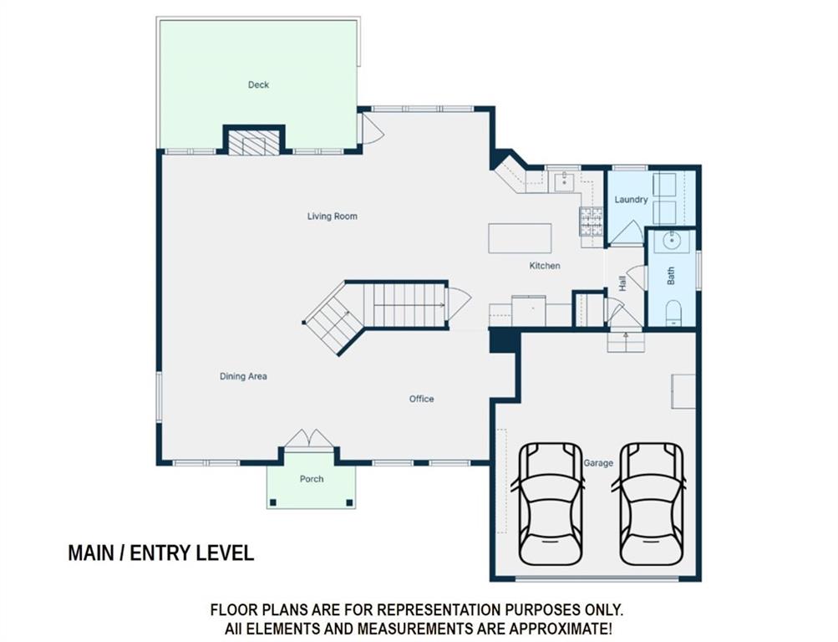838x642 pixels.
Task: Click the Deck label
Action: point(258,84)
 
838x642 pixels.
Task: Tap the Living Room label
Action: point(332,217)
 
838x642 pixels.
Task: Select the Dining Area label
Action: point(243,376)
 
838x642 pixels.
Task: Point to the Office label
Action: point(421,399)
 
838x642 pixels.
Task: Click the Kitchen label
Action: point(545,266)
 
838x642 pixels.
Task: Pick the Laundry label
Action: point(631,200)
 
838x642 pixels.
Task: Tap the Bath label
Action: point(671,276)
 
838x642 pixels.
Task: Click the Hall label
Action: point(622,283)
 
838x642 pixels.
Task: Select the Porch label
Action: point(311,479)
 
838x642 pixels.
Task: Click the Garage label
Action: point(598,463)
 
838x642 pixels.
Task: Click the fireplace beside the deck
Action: point(254,140)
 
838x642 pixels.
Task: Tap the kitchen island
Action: point(520,238)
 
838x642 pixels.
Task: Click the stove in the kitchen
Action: point(591,222)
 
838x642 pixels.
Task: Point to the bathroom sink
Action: point(671,242)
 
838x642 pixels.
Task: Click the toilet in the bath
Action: point(673,313)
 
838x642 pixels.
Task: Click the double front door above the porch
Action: point(309,438)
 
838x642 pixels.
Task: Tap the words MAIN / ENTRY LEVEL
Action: point(161,553)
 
